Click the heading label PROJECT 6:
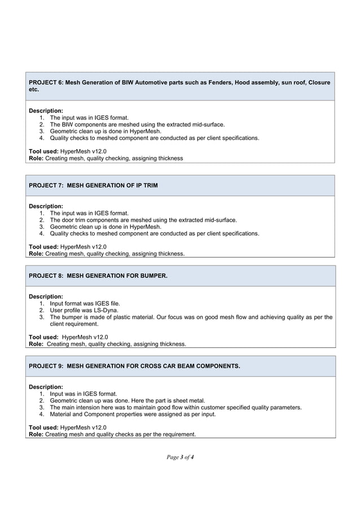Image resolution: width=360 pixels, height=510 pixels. click(x=46, y=82)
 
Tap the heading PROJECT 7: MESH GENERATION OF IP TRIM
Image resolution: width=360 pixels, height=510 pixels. click(x=93, y=186)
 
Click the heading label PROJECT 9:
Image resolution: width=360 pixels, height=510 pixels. click(x=46, y=366)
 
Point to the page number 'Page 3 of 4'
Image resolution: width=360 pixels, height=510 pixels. click(x=180, y=456)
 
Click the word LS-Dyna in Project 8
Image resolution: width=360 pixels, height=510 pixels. click(x=113, y=310)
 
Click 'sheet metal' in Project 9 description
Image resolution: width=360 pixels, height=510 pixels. click(x=186, y=400)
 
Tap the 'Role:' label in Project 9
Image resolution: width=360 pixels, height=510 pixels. click(x=36, y=434)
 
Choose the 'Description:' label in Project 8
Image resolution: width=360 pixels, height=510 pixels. click(x=46, y=297)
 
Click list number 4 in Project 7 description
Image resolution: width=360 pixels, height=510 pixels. click(x=42, y=233)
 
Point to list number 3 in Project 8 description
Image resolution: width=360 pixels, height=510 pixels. click(x=42, y=317)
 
